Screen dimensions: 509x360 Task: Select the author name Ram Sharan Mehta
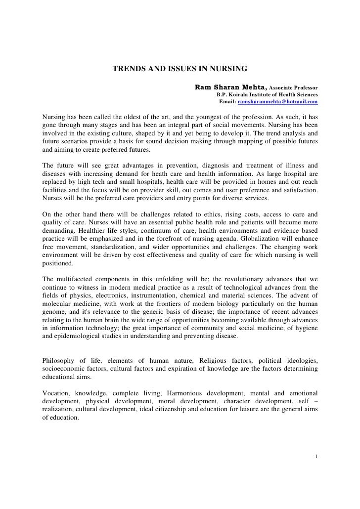231,87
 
